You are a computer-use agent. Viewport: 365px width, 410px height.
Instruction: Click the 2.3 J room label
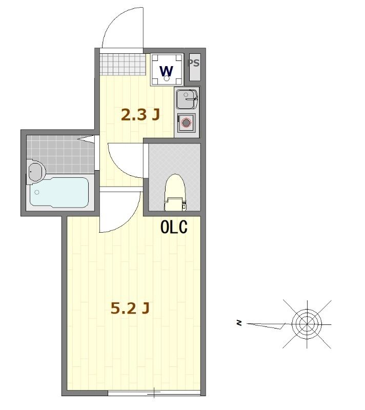click(140, 115)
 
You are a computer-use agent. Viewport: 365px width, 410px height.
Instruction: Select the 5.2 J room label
click(130, 308)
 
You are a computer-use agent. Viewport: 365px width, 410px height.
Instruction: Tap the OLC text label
click(174, 227)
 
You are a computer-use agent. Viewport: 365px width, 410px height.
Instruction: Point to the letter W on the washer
click(167, 70)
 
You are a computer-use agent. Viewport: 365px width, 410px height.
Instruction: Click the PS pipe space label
click(193, 64)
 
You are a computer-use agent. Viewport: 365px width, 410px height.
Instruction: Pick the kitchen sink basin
click(186, 98)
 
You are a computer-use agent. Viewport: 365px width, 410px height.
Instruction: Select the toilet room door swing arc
click(123, 161)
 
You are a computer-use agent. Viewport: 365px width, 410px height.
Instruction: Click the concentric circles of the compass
click(307, 323)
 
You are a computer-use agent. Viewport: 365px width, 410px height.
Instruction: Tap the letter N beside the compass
click(239, 323)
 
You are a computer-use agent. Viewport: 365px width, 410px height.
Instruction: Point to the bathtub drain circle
click(36, 192)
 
